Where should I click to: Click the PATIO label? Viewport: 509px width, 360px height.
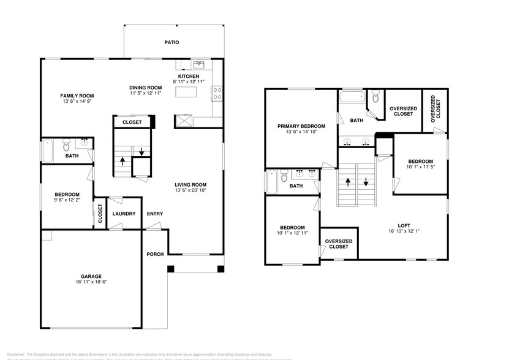click(171, 43)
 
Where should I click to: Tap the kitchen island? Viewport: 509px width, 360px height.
click(187, 92)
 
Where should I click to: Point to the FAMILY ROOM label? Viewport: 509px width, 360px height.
click(77, 96)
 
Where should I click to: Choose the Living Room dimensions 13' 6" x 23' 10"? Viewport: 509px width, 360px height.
click(190, 190)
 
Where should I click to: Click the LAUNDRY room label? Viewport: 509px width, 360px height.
click(123, 214)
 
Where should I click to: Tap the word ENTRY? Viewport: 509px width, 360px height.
click(155, 214)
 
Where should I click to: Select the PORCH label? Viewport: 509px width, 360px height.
click(155, 254)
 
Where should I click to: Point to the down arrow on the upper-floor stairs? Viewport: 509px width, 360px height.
click(366, 182)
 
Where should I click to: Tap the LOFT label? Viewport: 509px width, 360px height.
click(402, 225)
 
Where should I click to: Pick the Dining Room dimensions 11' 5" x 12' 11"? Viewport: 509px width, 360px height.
click(145, 93)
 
